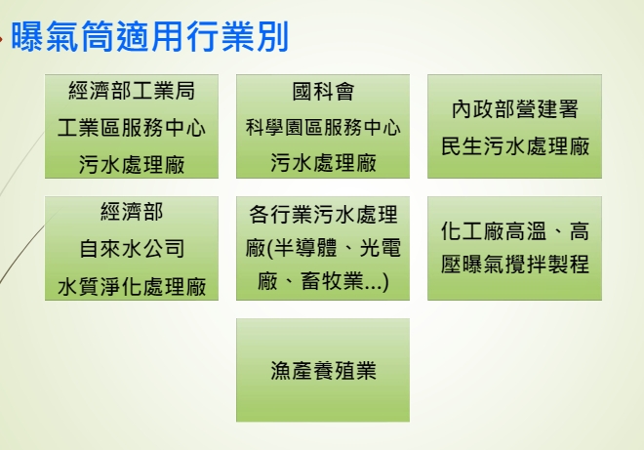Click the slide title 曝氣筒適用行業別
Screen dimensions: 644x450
click(x=150, y=37)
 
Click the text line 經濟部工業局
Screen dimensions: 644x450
click(x=132, y=91)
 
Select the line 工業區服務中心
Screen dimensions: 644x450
click(x=132, y=128)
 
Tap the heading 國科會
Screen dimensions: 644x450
click(x=323, y=91)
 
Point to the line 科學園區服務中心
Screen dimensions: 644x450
click(x=323, y=127)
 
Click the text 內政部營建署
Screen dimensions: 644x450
click(x=515, y=109)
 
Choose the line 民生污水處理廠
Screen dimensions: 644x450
click(x=515, y=145)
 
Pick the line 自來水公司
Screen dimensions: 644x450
click(x=132, y=249)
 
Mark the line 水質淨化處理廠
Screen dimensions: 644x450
click(x=132, y=286)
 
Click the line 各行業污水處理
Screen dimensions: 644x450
click(x=323, y=214)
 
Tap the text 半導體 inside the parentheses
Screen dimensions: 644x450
click(x=305, y=248)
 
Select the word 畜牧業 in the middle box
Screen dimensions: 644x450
click(x=333, y=281)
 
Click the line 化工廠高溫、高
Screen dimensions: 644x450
click(x=515, y=230)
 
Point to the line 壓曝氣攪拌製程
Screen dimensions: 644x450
click(x=515, y=264)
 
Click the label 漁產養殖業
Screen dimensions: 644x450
click(x=323, y=370)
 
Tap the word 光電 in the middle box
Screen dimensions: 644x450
click(x=380, y=248)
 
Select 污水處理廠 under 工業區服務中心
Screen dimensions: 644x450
click(x=132, y=164)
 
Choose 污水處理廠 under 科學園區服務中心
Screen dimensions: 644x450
click(x=323, y=163)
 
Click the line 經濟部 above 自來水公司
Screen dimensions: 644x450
click(x=132, y=212)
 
